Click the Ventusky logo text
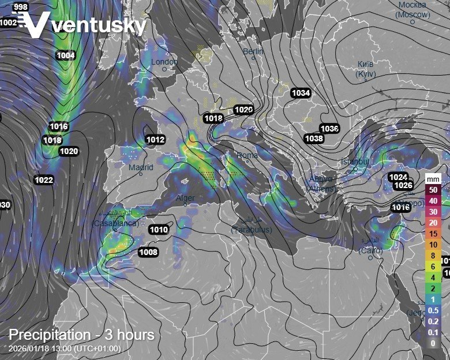pyautogui.click(x=98, y=26)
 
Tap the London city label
pyautogui.click(x=164, y=62)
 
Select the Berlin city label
pyautogui.click(x=253, y=52)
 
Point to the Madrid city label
pyautogui.click(x=141, y=168)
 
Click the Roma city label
pyautogui.click(x=247, y=155)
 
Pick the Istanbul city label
pyautogui.click(x=354, y=162)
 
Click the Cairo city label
pyautogui.click(x=370, y=250)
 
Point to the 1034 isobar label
pyautogui.click(x=301, y=93)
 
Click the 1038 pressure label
pyautogui.click(x=314, y=138)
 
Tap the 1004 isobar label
pyautogui.click(x=66, y=55)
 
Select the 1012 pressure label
pyautogui.click(x=155, y=140)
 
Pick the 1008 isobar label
pyautogui.click(x=148, y=252)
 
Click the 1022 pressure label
pyautogui.click(x=44, y=181)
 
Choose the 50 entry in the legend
pyautogui.click(x=433, y=189)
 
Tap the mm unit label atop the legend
pyautogui.click(x=433, y=179)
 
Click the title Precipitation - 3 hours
pyautogui.click(x=81, y=335)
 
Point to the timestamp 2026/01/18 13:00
pyautogui.click(x=65, y=348)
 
